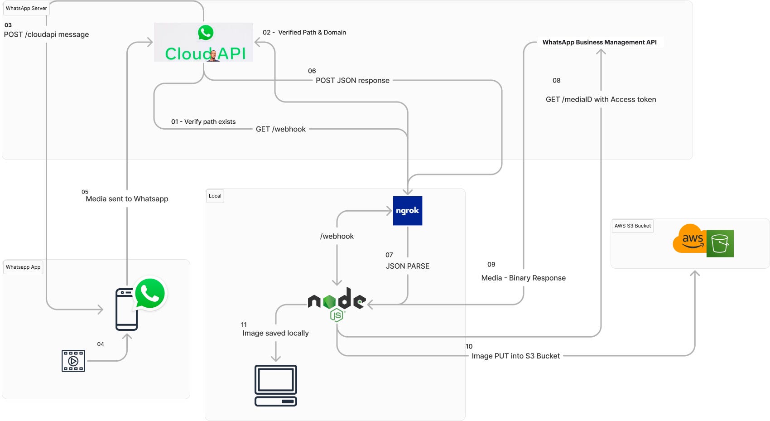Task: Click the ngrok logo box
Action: coord(408,211)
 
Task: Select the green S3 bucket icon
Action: coord(720,243)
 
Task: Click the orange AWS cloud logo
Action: coord(689,239)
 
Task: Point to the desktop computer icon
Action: coord(275,385)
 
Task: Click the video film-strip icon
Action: coord(73,361)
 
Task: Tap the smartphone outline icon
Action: coord(126,310)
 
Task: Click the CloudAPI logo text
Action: coord(205,53)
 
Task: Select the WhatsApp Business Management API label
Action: coord(599,42)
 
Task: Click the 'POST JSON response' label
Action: coord(352,80)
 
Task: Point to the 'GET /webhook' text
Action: coord(281,129)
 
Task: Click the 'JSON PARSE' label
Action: coord(407,266)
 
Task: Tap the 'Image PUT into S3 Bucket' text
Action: coord(515,356)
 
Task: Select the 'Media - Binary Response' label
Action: coord(523,278)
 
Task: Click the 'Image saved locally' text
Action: coord(275,333)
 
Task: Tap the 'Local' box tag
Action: coord(215,196)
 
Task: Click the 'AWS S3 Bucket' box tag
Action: coord(632,226)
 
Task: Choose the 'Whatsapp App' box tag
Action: coord(23,267)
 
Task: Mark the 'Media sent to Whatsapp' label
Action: coord(127,199)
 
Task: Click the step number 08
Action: coord(556,81)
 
